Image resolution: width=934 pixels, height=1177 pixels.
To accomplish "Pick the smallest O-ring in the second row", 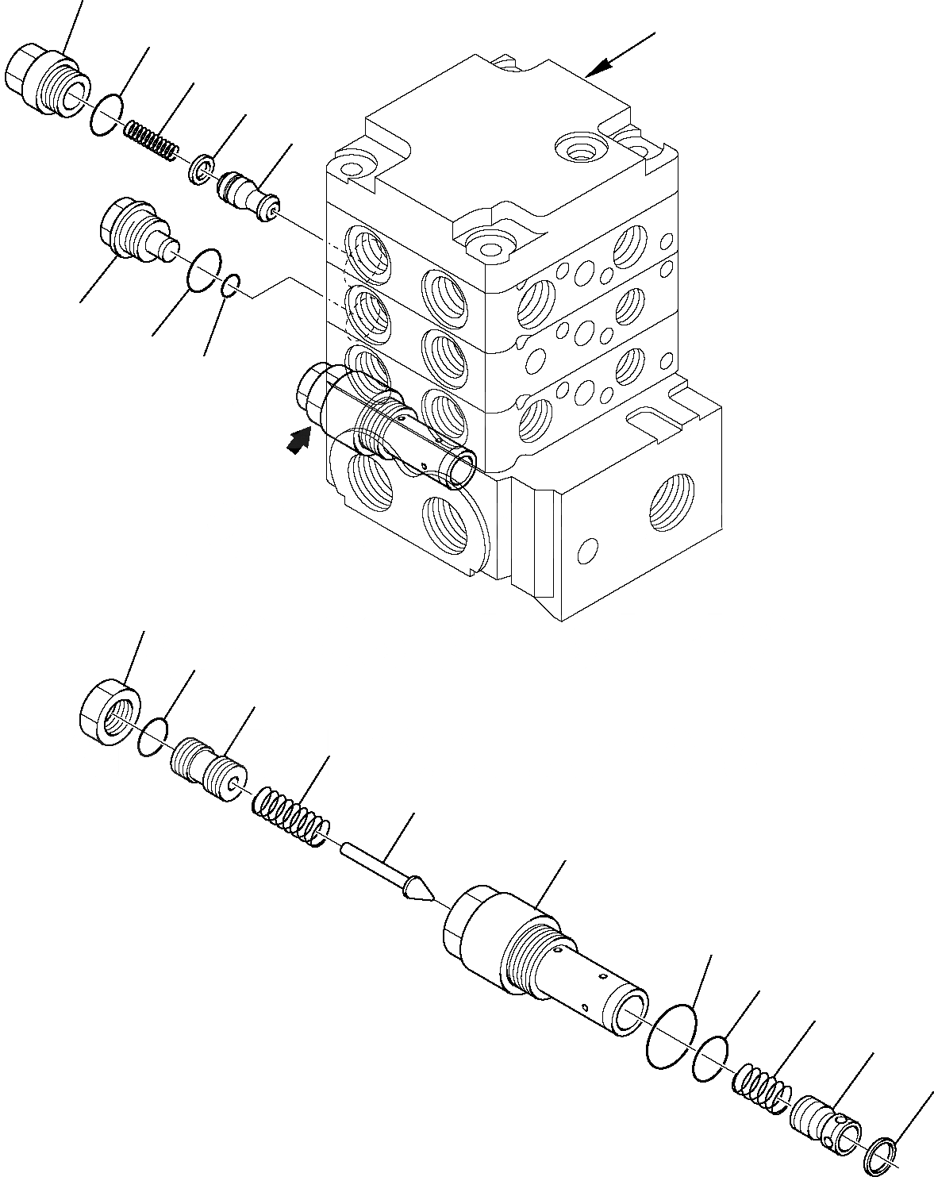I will pyautogui.click(x=230, y=285).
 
